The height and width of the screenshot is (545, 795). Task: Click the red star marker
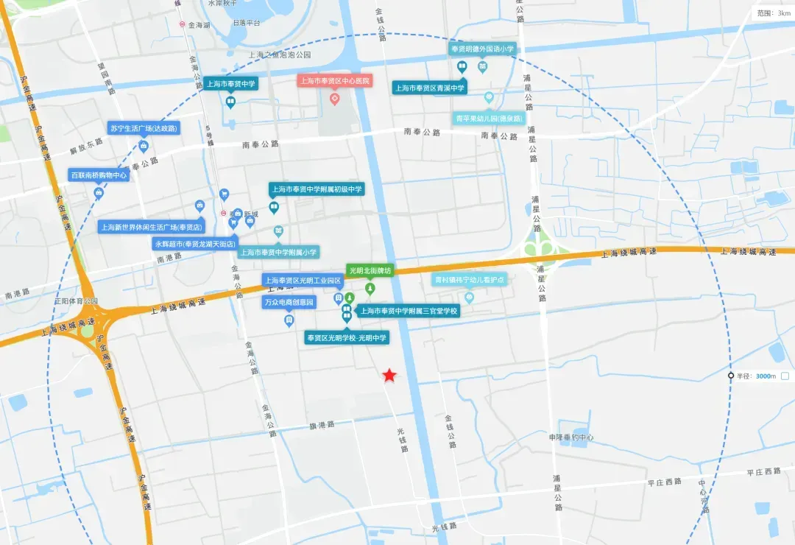click(x=389, y=376)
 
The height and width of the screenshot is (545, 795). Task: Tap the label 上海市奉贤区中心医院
click(x=334, y=80)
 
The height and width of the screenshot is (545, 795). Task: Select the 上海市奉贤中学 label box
click(x=230, y=84)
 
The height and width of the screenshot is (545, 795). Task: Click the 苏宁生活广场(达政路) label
click(x=144, y=127)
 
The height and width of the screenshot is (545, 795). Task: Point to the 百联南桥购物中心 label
click(x=99, y=175)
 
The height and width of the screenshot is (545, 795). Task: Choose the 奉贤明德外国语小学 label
click(x=482, y=49)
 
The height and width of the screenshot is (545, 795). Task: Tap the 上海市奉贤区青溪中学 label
click(x=431, y=88)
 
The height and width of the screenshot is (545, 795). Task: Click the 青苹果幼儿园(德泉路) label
click(x=489, y=118)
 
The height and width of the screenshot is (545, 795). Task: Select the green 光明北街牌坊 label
click(x=370, y=270)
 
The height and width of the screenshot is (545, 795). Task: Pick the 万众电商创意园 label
click(x=289, y=303)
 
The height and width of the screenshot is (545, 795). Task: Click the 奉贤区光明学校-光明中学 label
click(x=347, y=337)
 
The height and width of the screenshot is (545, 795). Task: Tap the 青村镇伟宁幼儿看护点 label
click(x=469, y=279)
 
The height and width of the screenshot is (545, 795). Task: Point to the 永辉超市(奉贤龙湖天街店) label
click(x=195, y=243)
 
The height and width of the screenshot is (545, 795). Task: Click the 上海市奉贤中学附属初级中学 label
click(x=317, y=189)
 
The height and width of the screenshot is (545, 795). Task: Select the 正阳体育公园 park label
click(x=76, y=301)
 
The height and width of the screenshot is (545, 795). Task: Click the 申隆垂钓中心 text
click(x=571, y=437)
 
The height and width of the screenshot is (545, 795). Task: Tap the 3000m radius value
click(x=766, y=376)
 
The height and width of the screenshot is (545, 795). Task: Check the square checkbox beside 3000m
click(x=785, y=376)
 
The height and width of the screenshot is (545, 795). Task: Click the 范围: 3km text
click(x=774, y=13)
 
